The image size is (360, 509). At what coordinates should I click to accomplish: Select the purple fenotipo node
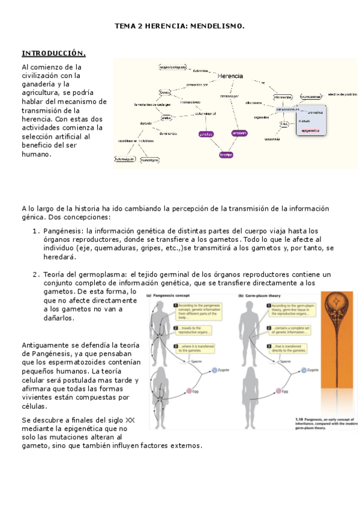pyautogui.click(x=226, y=154)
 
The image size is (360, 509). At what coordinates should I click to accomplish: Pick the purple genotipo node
pyautogui.click(x=206, y=134)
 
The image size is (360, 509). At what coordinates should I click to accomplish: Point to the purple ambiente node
pyautogui.click(x=239, y=133)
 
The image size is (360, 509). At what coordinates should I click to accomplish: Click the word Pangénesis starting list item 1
pyautogui.click(x=64, y=230)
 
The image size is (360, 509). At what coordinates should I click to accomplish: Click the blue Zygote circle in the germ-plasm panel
pyautogui.click(x=302, y=371)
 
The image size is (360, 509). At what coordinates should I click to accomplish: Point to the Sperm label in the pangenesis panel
pyautogui.click(x=196, y=362)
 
